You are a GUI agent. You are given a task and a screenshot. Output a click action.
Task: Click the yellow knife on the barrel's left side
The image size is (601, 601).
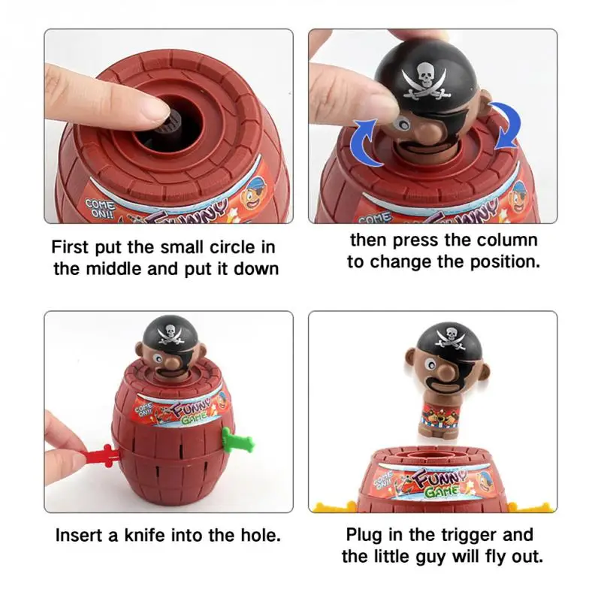point(331,508)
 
